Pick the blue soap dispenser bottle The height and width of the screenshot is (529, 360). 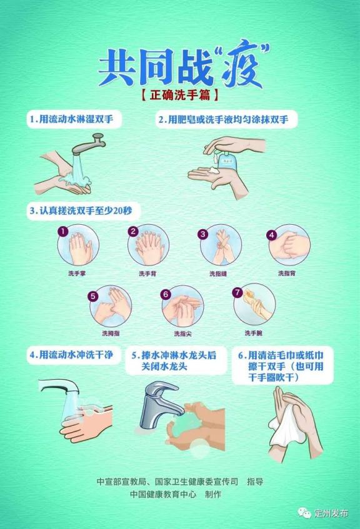227,161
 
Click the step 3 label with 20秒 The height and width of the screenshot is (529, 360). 81,210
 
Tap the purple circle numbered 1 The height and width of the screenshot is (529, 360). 63,232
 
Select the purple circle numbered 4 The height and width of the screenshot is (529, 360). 272,235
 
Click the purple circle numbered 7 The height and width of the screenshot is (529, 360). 237,292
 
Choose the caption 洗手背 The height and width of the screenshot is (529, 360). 147,274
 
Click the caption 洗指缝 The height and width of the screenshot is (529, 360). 218,274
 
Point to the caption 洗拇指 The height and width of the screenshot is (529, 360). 111,334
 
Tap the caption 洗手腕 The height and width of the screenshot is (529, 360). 253,333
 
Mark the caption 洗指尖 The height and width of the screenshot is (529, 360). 182,334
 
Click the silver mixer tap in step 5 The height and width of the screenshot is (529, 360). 160,405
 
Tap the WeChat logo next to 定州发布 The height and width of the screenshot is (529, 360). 304,513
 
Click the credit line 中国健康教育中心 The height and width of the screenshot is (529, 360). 163,494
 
